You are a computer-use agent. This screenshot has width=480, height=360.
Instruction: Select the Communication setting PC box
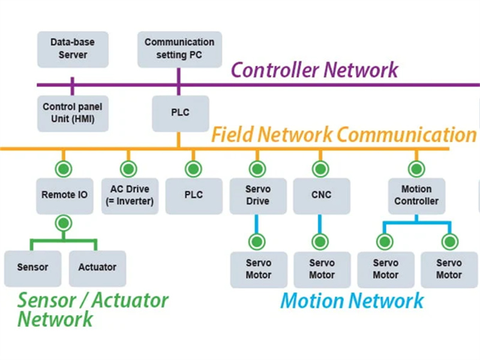coord(179,49)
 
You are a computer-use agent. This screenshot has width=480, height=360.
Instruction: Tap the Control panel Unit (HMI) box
coord(73,113)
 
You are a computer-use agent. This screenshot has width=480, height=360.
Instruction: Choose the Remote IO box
coord(64,195)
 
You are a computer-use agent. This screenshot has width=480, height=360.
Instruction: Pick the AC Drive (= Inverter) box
coord(128,195)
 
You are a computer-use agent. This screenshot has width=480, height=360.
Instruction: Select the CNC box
coord(321,195)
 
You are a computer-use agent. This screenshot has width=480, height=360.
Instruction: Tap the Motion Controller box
coord(416,195)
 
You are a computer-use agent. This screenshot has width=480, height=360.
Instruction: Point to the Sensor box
coord(32,268)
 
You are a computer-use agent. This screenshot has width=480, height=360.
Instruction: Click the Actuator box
coord(97,268)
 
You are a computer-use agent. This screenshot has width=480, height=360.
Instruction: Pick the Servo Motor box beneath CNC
coord(322,269)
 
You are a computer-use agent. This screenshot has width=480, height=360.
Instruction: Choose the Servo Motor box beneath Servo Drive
coord(259,269)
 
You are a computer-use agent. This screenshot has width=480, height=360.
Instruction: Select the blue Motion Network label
coord(352,300)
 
